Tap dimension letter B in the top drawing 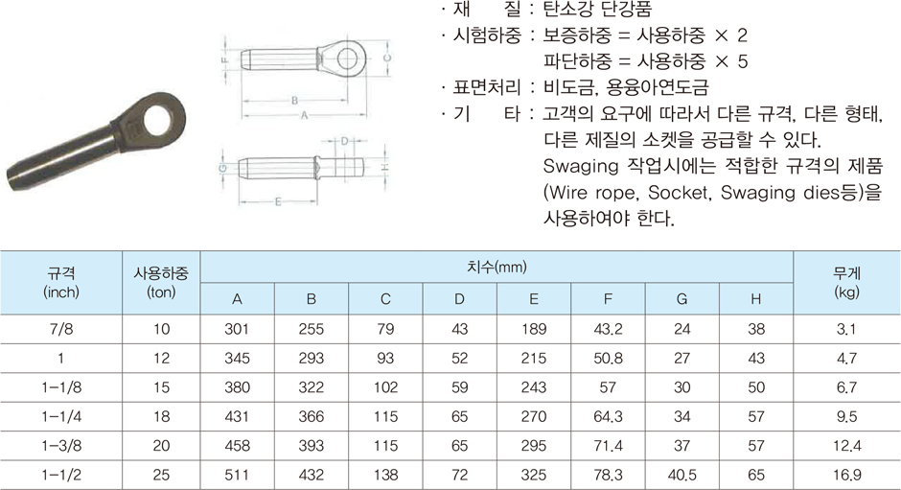(x=295, y=101)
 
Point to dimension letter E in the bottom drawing (x=278, y=202)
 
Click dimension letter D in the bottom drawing (x=345, y=141)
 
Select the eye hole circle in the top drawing (x=347, y=58)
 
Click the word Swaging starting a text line (x=580, y=167)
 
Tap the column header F (x=608, y=299)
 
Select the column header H (x=755, y=299)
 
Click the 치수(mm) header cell (x=497, y=267)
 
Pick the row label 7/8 (x=61, y=329)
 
